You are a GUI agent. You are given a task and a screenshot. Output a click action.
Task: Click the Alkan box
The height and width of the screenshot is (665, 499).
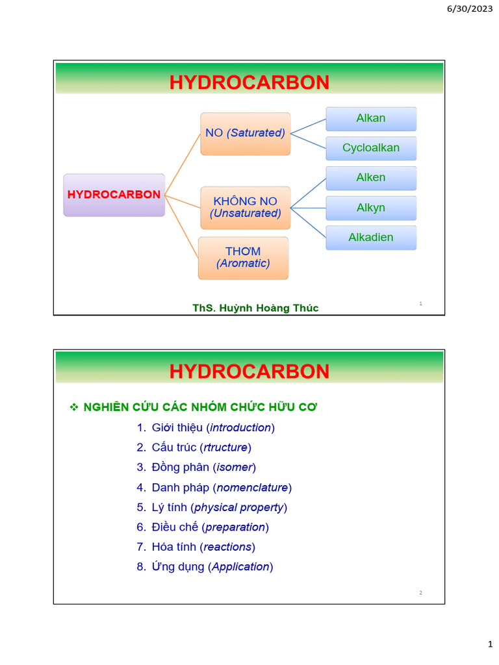pyautogui.click(x=371, y=119)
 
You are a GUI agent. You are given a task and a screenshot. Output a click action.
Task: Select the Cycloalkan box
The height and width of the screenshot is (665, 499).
pyautogui.click(x=371, y=148)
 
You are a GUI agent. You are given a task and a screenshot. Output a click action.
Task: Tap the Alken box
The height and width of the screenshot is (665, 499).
pyautogui.click(x=371, y=178)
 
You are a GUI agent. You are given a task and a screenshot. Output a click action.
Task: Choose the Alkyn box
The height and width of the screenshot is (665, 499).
pyautogui.click(x=371, y=208)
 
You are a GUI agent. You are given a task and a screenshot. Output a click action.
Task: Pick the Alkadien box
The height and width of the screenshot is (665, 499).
pyautogui.click(x=371, y=238)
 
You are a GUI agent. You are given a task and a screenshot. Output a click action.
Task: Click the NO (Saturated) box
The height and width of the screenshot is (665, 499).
pyautogui.click(x=246, y=133)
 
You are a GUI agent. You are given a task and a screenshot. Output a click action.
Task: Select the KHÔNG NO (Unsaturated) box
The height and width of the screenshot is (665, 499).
pyautogui.click(x=246, y=208)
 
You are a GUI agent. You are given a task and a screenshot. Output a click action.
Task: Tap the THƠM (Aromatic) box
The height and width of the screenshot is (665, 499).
pyautogui.click(x=243, y=258)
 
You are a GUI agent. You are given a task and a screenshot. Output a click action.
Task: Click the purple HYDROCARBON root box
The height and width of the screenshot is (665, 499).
pyautogui.click(x=114, y=195)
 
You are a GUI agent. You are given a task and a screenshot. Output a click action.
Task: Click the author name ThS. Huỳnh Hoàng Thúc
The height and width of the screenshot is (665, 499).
pyautogui.click(x=255, y=308)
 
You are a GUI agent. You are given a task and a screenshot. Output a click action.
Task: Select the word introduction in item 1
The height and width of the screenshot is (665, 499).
pyautogui.click(x=240, y=427)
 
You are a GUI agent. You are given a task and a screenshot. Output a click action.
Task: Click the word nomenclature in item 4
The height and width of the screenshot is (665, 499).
pyautogui.click(x=252, y=487)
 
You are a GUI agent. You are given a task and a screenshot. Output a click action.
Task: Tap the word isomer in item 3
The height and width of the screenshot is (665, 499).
pyautogui.click(x=235, y=467)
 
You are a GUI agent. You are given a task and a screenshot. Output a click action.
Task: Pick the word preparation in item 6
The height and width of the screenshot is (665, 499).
pyautogui.click(x=235, y=527)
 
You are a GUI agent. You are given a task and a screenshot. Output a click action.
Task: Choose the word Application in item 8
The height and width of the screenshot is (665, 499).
pyautogui.click(x=240, y=566)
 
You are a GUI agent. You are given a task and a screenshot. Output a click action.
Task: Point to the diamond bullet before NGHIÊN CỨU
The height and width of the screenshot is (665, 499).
pyautogui.click(x=73, y=407)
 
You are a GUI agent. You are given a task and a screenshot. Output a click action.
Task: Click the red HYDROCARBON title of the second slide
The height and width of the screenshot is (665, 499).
pyautogui.click(x=249, y=371)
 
